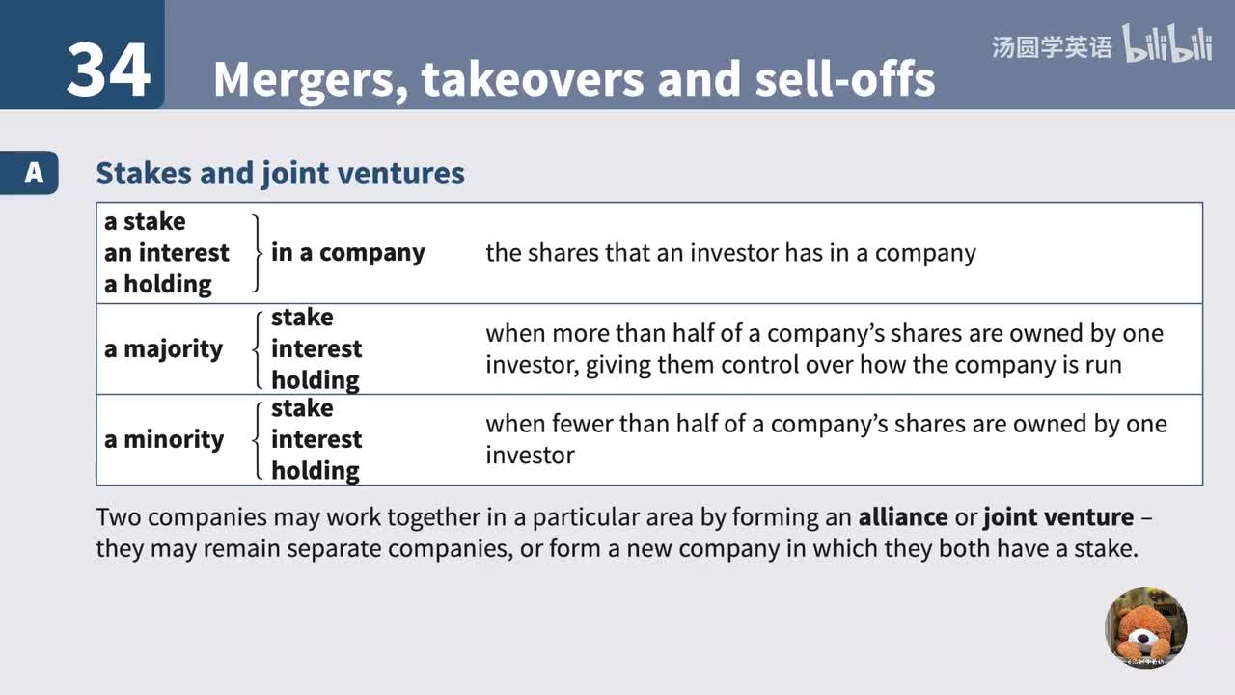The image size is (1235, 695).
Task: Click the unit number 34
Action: [x=108, y=69]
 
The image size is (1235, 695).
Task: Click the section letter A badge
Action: [x=34, y=173]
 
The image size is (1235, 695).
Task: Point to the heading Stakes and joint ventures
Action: [x=280, y=174]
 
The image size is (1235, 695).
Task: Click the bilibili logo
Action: [x=1166, y=45]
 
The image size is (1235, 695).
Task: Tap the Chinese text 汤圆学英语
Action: [x=1051, y=47]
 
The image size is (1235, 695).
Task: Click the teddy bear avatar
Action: [x=1146, y=627]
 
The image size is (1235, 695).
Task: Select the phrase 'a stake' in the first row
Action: [x=145, y=222]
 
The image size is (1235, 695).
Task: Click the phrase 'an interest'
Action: [x=167, y=253]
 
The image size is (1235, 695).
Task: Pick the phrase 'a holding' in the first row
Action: [x=158, y=284]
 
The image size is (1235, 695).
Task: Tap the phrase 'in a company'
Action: [x=347, y=253]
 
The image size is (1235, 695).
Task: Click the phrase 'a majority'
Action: [x=163, y=349]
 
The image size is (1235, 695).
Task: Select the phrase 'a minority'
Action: [x=164, y=440]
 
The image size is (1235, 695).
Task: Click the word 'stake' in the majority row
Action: [x=302, y=318]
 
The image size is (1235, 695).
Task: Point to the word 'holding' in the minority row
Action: [x=316, y=471]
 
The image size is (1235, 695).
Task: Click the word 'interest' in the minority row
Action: [x=316, y=440]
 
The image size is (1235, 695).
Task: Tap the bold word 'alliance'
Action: [x=902, y=517]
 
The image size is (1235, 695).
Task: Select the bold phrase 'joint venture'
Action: [x=1058, y=517]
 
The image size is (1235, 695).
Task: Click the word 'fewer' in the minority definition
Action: [x=587, y=424]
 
